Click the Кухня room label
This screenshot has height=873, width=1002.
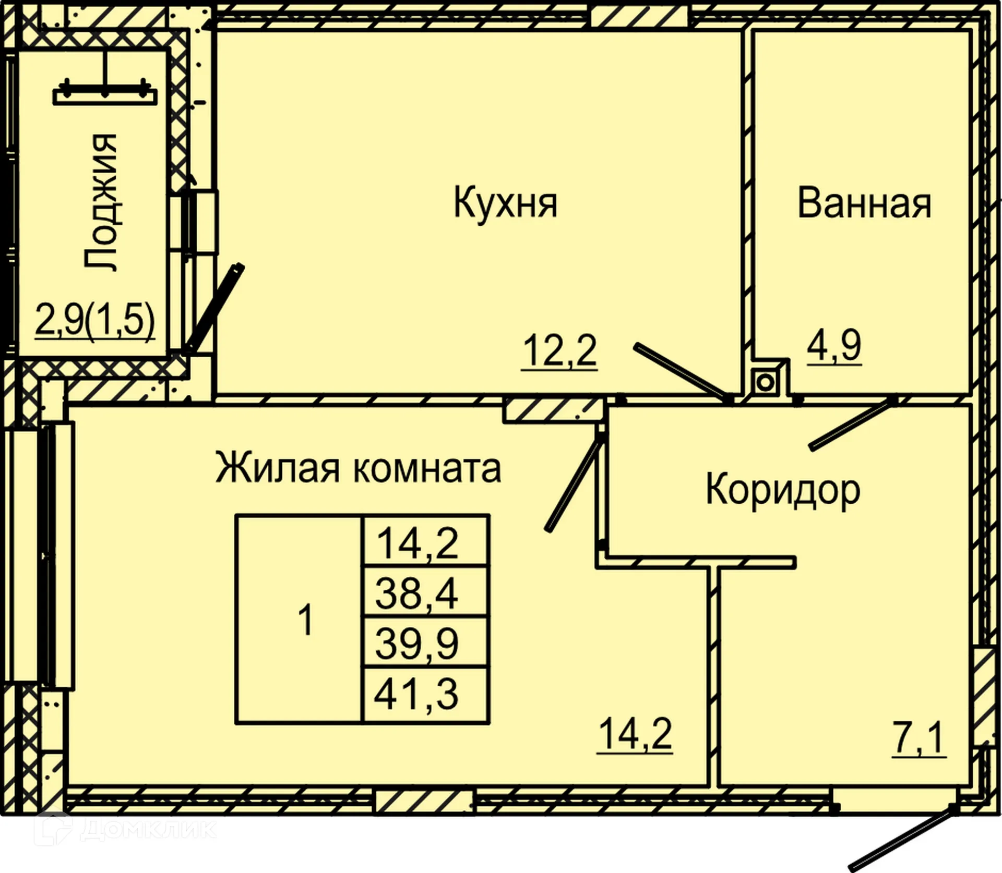pos(505,203)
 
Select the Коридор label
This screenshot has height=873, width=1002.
pos(783,490)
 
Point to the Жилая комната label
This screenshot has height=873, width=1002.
pos(358,468)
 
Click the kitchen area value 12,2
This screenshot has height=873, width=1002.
pos(559,351)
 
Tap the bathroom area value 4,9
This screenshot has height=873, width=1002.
pos(834,346)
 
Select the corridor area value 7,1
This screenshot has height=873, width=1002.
pos(918,738)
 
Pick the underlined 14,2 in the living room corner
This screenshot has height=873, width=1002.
pos(635,734)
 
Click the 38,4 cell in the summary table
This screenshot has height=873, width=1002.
pos(416,593)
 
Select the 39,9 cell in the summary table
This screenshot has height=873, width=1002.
pos(416,643)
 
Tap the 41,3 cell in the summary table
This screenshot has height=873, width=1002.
pos(416,694)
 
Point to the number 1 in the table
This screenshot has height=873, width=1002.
pos(305,620)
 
